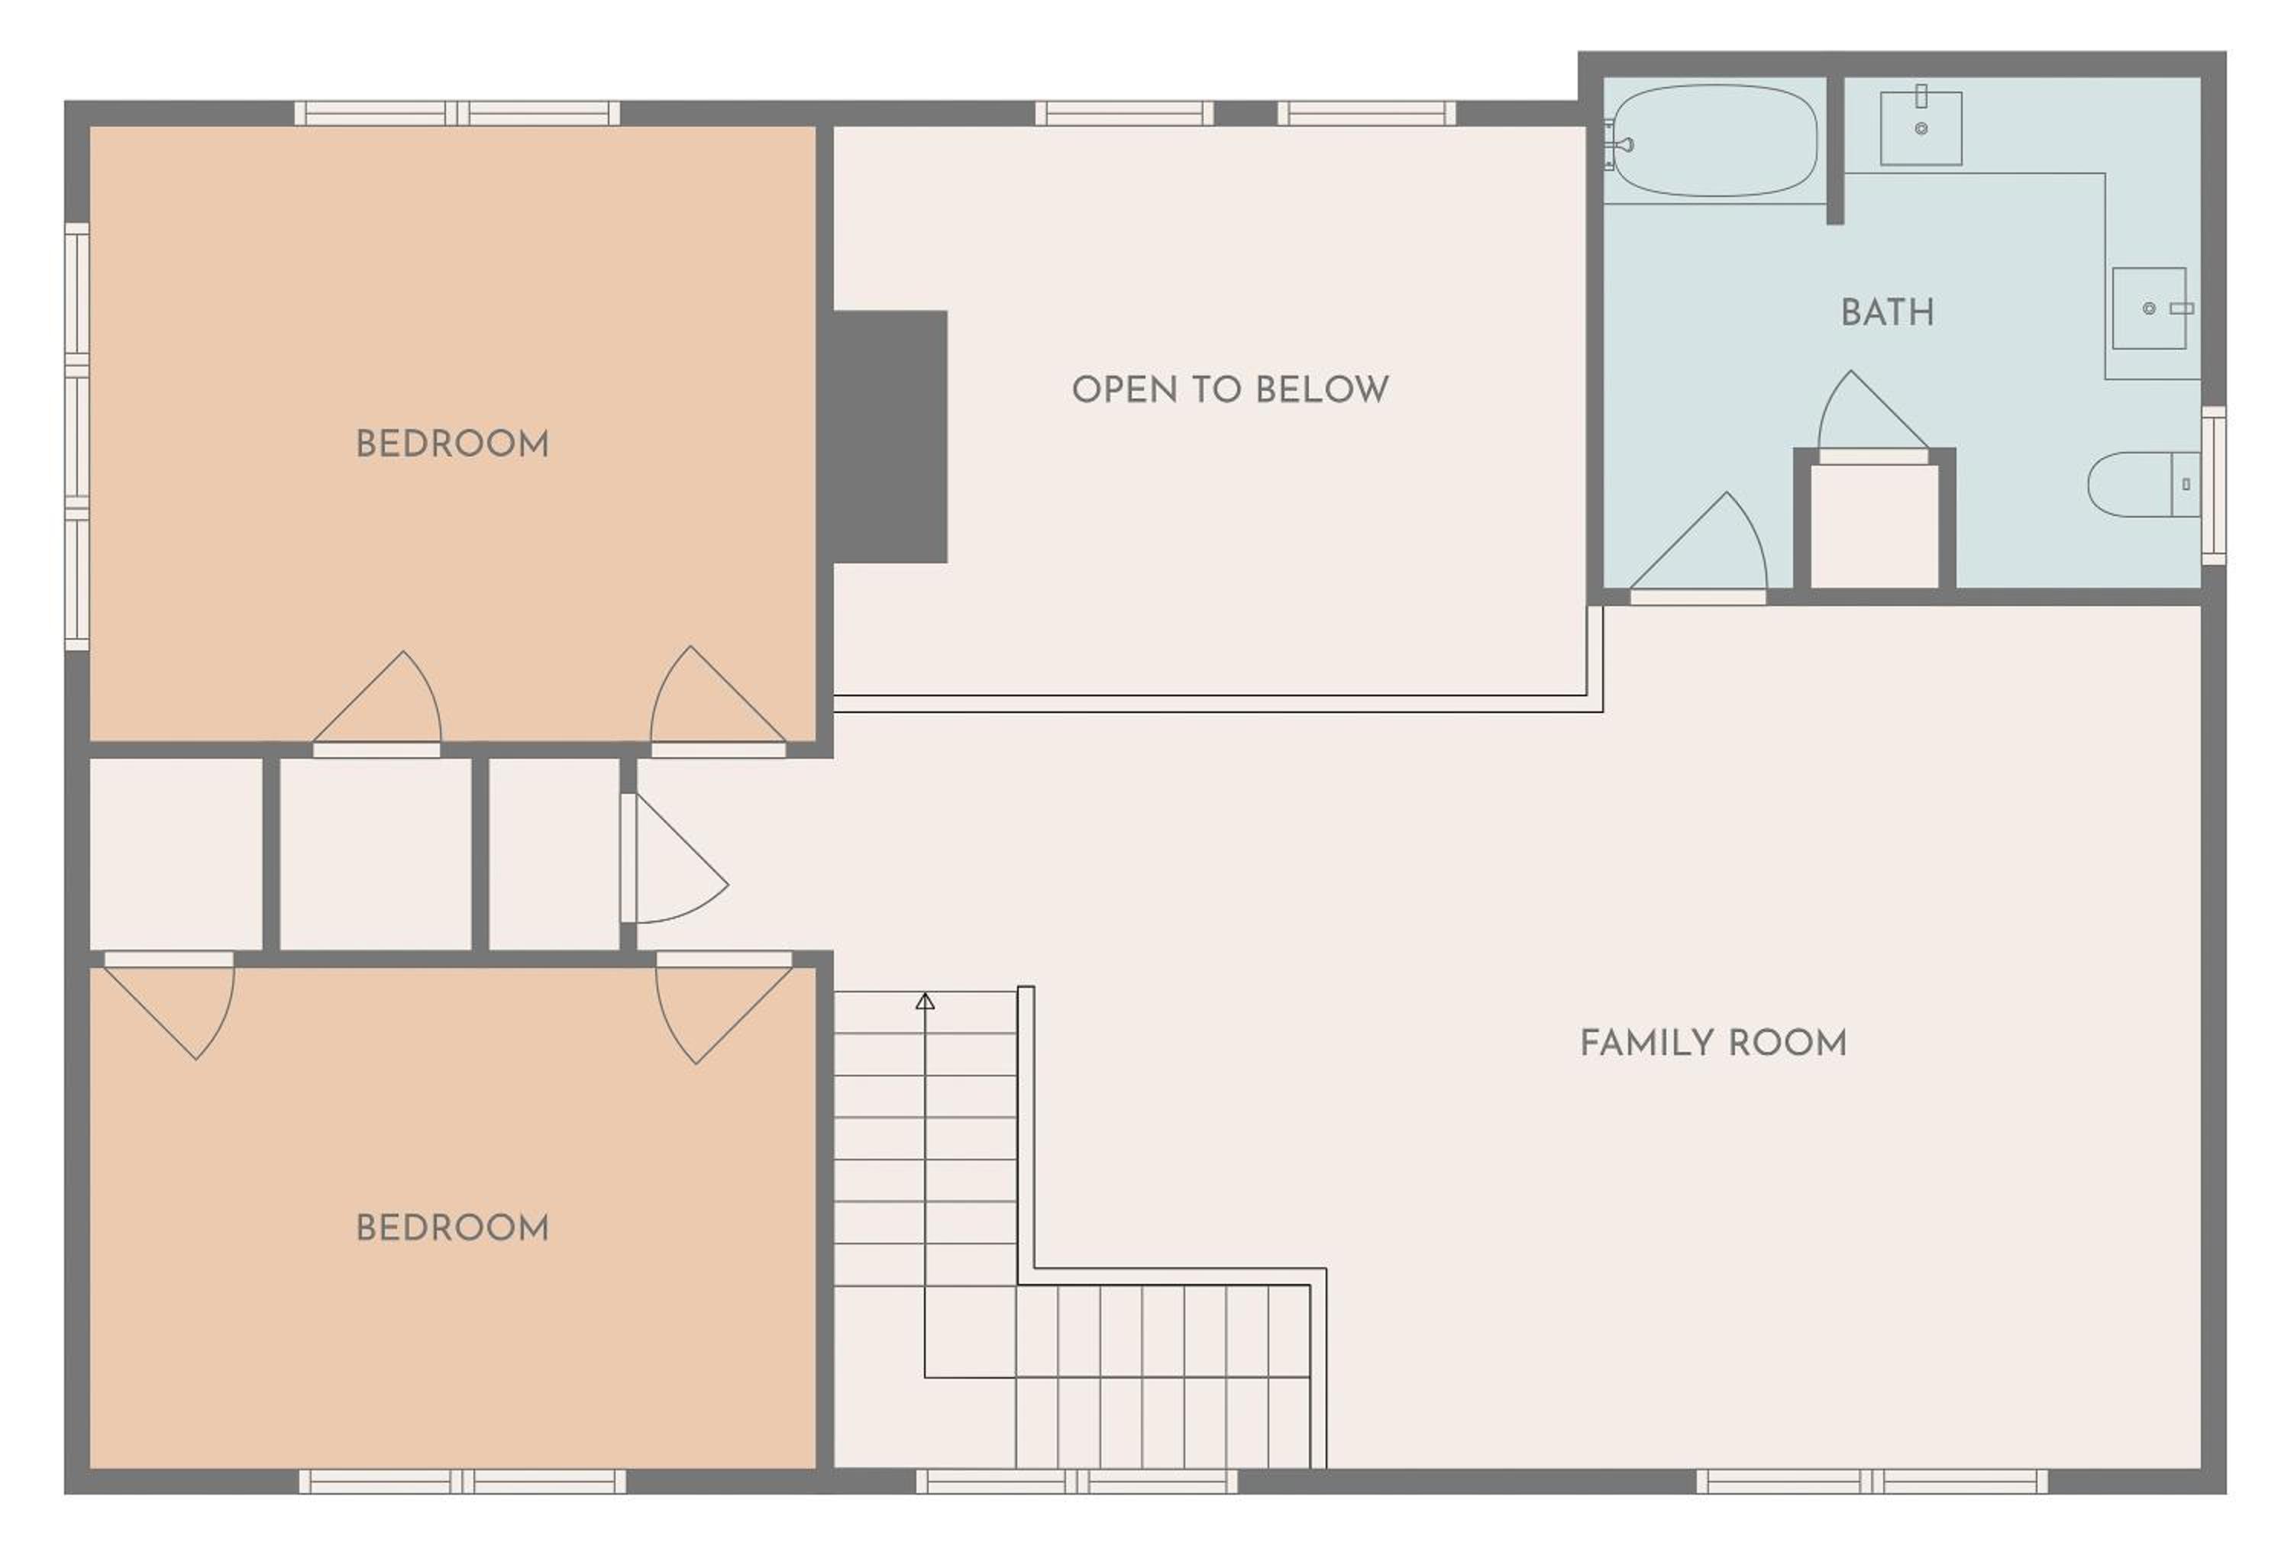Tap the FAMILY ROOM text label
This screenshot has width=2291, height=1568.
(1714, 1043)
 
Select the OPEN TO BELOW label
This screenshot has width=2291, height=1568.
(1230, 389)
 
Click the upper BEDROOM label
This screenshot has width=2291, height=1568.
(453, 444)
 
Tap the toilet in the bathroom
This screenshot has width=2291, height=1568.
(2142, 484)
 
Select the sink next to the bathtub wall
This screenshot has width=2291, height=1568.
(1921, 128)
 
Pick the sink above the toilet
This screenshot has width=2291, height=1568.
(2149, 308)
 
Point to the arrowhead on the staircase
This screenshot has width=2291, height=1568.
(925, 1002)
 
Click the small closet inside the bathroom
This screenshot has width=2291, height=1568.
(1874, 526)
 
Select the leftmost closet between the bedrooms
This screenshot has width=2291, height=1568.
(176, 853)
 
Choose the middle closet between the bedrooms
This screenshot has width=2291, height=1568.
(376, 853)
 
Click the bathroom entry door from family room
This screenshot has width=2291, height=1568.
(1698, 548)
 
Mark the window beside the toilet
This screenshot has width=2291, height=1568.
(2213, 485)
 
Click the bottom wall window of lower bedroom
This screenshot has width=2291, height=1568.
(462, 1481)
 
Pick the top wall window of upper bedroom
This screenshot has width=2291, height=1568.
(457, 113)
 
